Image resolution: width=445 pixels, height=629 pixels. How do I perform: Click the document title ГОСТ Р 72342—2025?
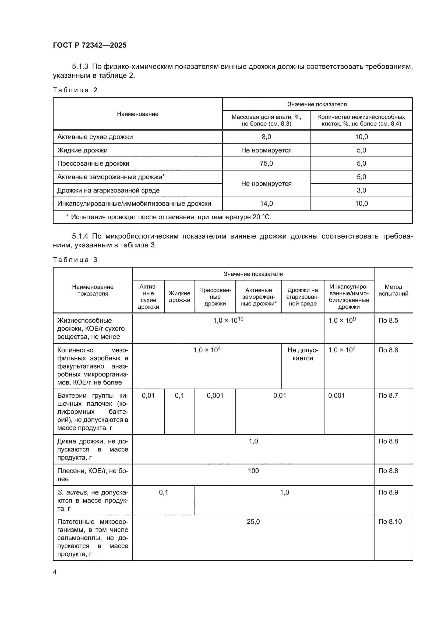point(90,45)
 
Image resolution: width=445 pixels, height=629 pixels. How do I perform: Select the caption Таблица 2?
point(75,90)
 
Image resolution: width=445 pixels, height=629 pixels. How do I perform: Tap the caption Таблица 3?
point(75,260)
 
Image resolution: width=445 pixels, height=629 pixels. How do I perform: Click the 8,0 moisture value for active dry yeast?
point(266,137)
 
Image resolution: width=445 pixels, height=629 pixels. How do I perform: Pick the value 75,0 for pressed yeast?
point(266,164)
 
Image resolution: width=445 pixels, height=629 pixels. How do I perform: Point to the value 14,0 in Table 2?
point(266,204)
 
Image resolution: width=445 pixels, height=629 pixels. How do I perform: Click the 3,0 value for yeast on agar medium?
point(361,190)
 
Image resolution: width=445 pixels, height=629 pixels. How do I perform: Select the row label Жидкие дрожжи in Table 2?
point(82,150)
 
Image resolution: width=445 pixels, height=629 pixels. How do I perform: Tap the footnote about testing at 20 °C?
point(168,217)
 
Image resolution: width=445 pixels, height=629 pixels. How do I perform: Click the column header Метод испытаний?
point(393,290)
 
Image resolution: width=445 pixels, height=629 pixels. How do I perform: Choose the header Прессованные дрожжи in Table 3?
point(215,297)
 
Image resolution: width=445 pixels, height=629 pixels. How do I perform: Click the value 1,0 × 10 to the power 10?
point(228,320)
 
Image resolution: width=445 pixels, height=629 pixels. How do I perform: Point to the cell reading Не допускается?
point(302,354)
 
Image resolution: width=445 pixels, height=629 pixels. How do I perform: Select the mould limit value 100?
point(253,471)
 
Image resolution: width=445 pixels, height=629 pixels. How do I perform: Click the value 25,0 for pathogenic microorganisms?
point(253,522)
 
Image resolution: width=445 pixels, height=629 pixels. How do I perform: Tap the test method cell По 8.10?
point(390,522)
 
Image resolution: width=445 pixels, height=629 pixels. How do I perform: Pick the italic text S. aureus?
point(72,492)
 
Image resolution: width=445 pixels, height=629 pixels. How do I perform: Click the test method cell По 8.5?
point(388,320)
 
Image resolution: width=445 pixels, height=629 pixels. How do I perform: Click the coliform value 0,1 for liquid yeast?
point(179,395)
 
